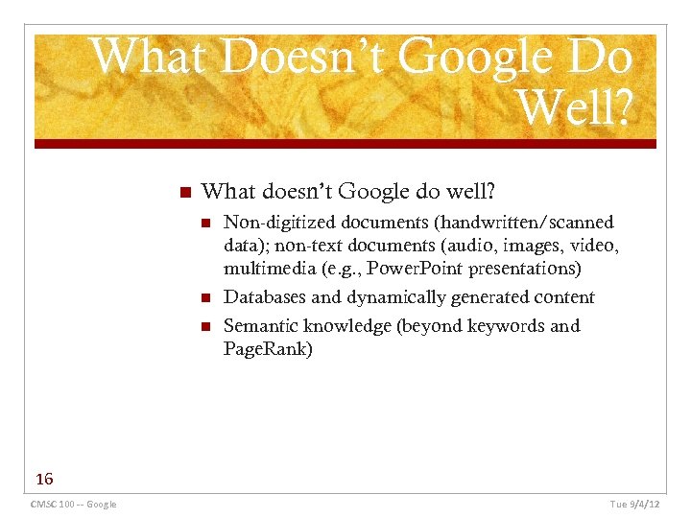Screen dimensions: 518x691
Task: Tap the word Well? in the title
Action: coord(573,109)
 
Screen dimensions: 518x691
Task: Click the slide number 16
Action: coord(43,479)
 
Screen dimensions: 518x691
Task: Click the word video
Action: coord(594,246)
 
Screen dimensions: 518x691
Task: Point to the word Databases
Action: coord(264,297)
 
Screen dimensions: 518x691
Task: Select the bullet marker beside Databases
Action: coord(204,297)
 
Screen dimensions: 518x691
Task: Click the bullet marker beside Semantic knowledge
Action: coord(204,326)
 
